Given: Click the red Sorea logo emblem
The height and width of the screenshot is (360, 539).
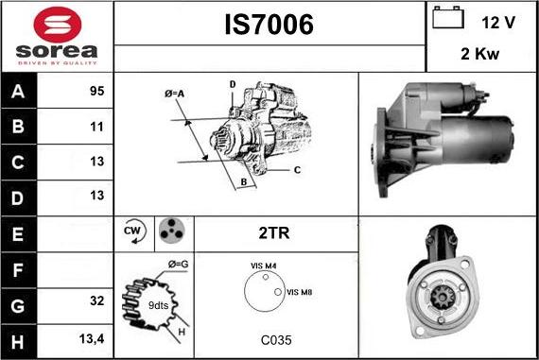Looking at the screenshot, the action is [x=58, y=25].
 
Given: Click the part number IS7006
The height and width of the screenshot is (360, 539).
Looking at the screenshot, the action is [x=269, y=25].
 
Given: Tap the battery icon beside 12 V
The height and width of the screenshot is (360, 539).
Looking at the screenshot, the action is [x=448, y=17].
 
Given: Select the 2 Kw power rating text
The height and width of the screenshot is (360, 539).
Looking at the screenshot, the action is [x=479, y=54].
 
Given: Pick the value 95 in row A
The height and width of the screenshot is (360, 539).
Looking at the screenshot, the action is [x=97, y=91].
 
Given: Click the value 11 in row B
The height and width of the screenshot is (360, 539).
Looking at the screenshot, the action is [x=97, y=127].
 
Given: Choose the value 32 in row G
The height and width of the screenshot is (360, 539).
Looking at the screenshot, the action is [x=97, y=300].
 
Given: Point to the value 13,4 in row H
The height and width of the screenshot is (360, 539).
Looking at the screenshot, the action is [x=92, y=339].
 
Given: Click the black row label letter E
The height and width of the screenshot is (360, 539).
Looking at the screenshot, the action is [x=18, y=234].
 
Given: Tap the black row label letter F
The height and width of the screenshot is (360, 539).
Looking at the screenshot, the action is [x=18, y=270].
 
